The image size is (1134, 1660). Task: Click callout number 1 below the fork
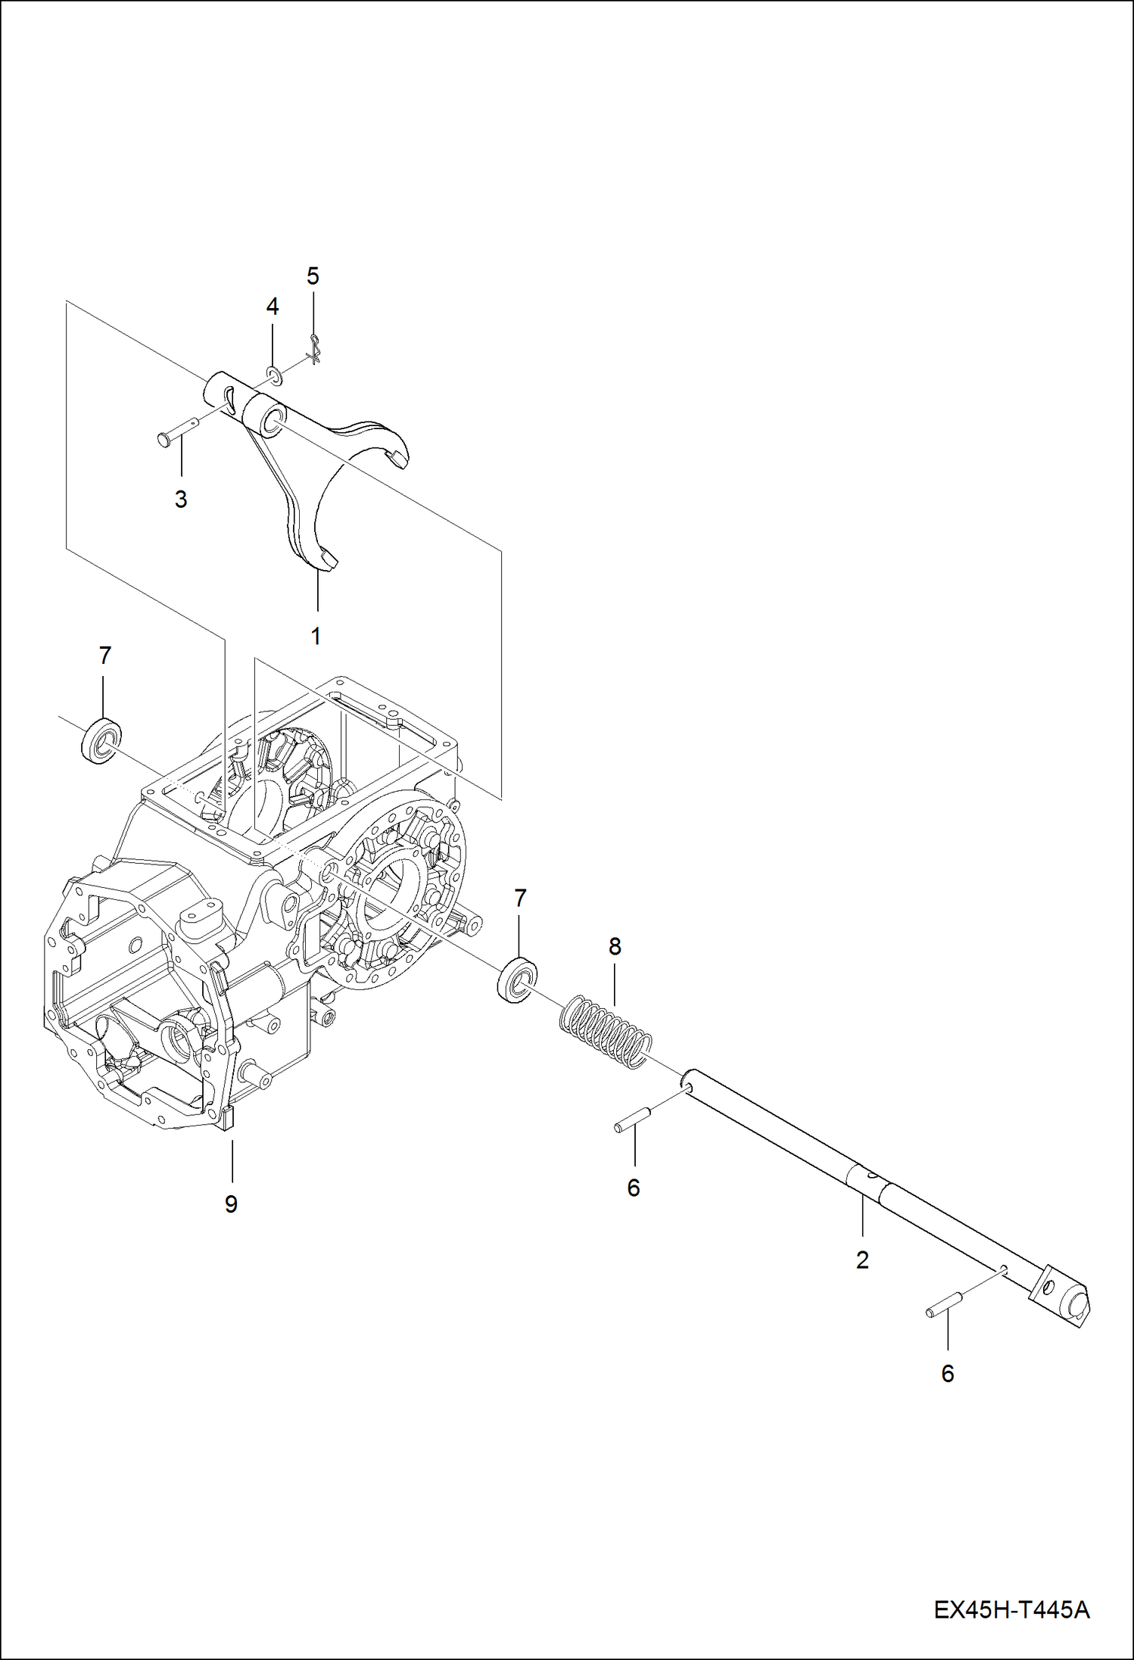316,636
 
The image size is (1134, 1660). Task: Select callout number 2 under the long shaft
862,1260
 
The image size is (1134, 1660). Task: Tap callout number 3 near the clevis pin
181,500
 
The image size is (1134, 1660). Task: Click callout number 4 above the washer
273,307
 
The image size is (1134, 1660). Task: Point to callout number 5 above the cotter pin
313,276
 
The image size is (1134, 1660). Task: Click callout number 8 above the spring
615,946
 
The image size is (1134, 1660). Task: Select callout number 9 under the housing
231,1204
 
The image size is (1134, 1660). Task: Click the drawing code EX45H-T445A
1011,1609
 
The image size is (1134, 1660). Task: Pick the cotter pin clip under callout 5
315,350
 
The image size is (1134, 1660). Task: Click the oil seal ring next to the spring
518,980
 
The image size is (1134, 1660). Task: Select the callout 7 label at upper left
105,656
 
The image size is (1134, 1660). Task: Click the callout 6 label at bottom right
947,1374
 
